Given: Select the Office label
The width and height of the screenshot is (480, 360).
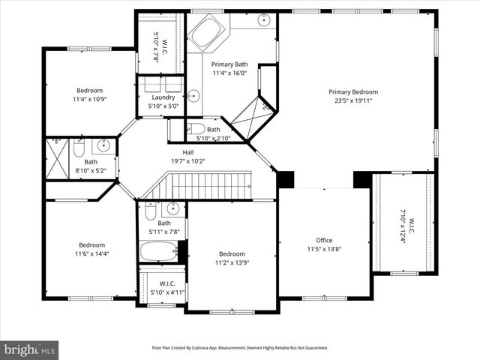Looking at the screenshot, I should click(x=324, y=240).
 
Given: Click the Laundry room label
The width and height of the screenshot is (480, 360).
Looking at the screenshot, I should click(x=163, y=97).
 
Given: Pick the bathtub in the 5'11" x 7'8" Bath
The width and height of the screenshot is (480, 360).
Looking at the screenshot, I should click(x=157, y=250).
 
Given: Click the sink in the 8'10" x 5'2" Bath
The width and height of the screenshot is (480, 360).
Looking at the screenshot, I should click(x=104, y=145).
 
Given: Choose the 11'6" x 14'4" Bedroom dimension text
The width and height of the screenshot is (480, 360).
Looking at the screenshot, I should click(x=93, y=254).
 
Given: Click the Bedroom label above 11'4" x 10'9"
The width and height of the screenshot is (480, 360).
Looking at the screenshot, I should click(x=91, y=90).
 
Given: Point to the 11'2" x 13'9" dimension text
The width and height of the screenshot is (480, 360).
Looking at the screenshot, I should click(x=232, y=263).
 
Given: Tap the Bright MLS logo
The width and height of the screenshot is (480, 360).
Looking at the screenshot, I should click(x=30, y=349).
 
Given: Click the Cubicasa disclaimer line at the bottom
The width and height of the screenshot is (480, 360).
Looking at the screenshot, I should click(x=240, y=348).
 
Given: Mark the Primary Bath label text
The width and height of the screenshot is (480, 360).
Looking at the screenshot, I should click(x=230, y=64).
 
